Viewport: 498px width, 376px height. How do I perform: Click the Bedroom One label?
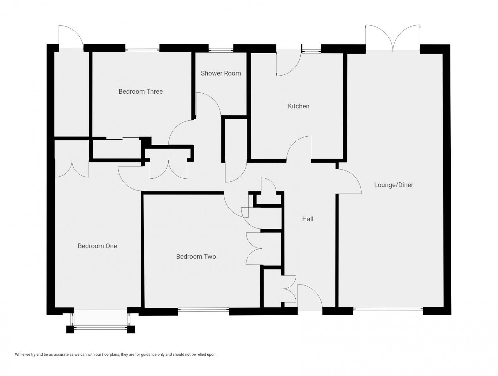(x=97, y=246)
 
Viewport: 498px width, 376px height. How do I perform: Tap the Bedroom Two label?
(x=196, y=256)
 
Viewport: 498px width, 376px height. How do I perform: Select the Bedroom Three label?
(x=140, y=91)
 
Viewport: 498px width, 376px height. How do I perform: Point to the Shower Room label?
(x=221, y=73)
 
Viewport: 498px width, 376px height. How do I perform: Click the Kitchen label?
(x=298, y=106)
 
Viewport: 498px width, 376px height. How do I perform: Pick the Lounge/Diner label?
(x=393, y=185)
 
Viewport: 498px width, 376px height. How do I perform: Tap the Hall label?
(x=308, y=219)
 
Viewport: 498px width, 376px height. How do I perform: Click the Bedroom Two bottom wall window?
(x=204, y=310)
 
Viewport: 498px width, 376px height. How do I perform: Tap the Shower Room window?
(x=221, y=49)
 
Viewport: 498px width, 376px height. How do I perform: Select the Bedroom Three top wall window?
(x=142, y=49)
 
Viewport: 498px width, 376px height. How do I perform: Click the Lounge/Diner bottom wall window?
(x=388, y=309)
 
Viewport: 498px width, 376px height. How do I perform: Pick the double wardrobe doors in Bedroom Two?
(x=254, y=249)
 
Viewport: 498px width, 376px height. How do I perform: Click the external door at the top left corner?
(x=71, y=37)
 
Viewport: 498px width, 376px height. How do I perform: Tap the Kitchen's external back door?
(x=288, y=64)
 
